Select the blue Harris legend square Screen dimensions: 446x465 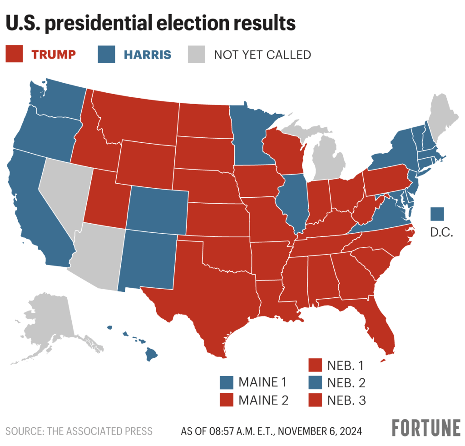pyautogui.click(x=107, y=55)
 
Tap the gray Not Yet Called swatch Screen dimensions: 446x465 pyautogui.click(x=197, y=55)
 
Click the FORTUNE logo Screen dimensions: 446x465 pyautogui.click(x=426, y=428)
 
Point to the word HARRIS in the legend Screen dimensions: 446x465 pyautogui.click(x=148, y=55)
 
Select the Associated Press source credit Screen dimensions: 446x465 pyautogui.click(x=79, y=431)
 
